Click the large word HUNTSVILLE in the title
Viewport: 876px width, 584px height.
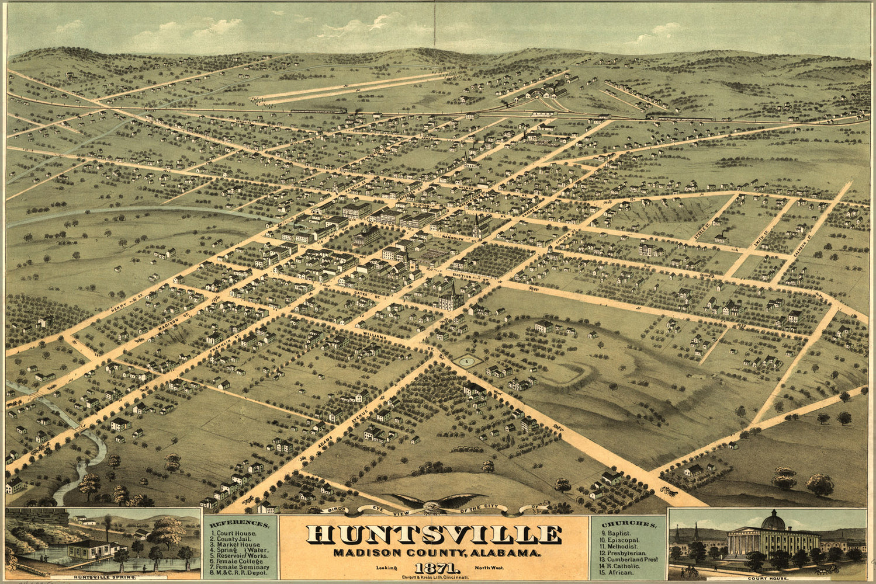(x=434, y=535)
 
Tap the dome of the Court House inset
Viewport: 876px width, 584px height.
(x=773, y=519)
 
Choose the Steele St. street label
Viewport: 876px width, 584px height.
(x=702, y=230)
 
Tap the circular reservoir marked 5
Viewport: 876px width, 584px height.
(x=466, y=362)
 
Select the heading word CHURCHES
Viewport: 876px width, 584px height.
(x=628, y=523)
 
